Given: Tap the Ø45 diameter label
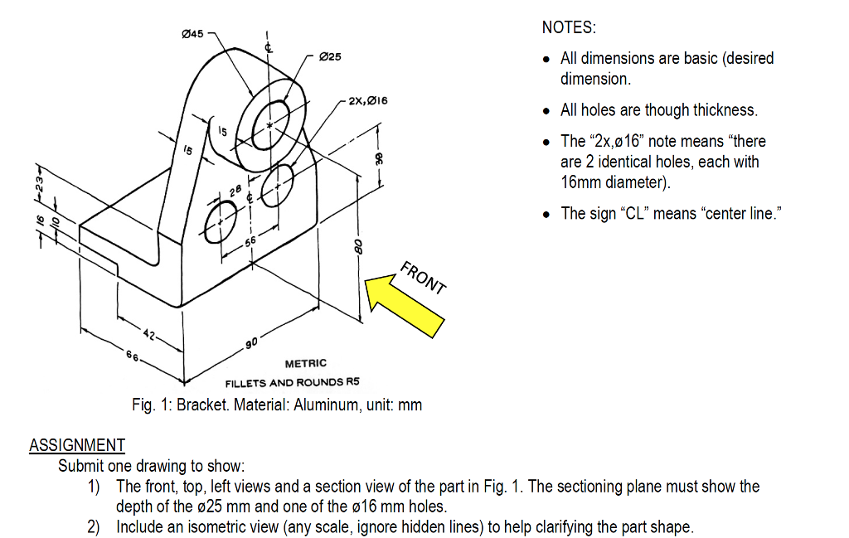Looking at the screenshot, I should (192, 32).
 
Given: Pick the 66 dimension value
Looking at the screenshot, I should (132, 355).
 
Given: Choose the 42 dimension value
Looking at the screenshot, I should (148, 334).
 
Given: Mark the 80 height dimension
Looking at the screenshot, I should (358, 247).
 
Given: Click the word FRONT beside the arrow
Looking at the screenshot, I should (424, 278).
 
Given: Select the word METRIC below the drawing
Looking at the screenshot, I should (306, 363).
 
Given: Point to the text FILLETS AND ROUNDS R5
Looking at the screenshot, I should (293, 382).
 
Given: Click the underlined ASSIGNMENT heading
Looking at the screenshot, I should (77, 445).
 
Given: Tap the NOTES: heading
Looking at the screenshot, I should (568, 27).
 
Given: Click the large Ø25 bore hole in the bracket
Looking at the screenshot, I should (271, 124).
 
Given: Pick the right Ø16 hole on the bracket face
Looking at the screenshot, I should (278, 185).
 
